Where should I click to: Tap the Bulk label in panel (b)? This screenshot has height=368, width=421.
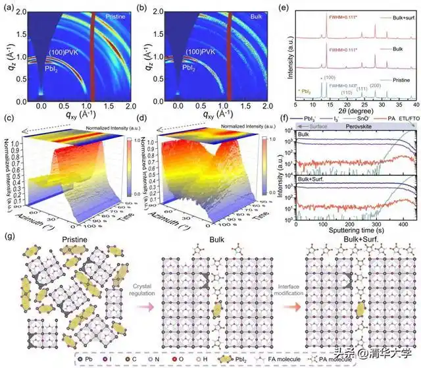coord(247,13)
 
